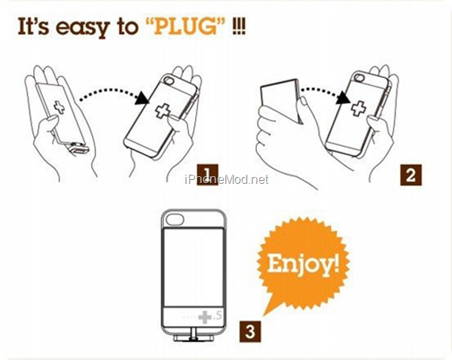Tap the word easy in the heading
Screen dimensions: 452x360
click(x=83, y=29)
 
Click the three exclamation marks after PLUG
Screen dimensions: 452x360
click(x=239, y=27)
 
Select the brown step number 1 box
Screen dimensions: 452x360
click(x=207, y=174)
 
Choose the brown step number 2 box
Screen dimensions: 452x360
click(x=411, y=175)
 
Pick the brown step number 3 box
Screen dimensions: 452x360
click(x=250, y=331)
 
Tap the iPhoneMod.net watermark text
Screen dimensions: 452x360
click(x=227, y=179)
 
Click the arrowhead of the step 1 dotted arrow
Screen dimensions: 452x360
click(x=142, y=98)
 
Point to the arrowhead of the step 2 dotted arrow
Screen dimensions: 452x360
click(x=344, y=98)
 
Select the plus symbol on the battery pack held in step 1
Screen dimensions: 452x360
click(x=60, y=107)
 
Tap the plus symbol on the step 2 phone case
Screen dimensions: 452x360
click(x=359, y=108)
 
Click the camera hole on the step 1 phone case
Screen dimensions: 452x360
click(x=168, y=80)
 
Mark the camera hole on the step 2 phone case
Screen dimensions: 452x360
click(x=359, y=78)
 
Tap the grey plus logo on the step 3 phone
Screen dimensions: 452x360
click(x=205, y=317)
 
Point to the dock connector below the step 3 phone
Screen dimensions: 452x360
click(x=194, y=338)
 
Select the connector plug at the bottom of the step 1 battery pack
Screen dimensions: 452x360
click(x=78, y=148)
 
